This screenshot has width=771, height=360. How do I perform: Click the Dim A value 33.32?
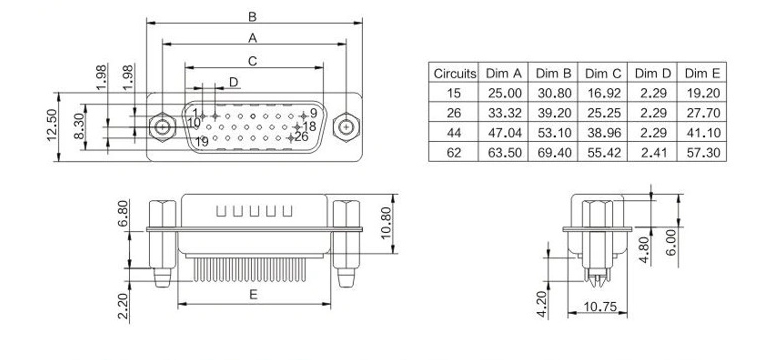tap(504, 113)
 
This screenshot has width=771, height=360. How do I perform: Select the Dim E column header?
tap(702, 73)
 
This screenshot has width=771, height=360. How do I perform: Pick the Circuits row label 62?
tap(454, 152)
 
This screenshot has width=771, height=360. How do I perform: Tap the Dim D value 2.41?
tap(653, 152)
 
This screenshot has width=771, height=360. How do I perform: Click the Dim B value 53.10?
tap(554, 133)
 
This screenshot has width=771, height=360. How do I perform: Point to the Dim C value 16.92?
tap(603, 93)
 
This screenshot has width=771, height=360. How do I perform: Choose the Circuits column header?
tap(455, 73)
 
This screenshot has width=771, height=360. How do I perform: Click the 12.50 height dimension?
tap(52, 125)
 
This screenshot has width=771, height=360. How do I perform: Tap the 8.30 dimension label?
tap(79, 126)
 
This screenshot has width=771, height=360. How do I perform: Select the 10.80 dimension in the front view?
tap(386, 223)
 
